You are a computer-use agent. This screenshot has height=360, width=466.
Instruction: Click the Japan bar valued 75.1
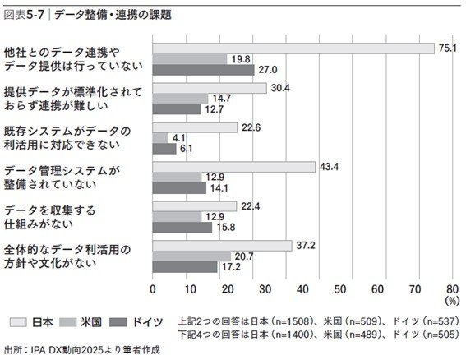coord(293,48)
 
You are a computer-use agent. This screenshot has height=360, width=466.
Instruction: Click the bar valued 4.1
coord(160,138)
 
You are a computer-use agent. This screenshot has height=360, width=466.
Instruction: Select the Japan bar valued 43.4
coord(234,167)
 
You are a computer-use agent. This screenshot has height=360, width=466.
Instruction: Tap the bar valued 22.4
coord(195,206)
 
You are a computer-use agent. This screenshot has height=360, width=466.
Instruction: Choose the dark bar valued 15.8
coord(182,228)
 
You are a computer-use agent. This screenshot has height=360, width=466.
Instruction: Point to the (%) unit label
coord(451,302)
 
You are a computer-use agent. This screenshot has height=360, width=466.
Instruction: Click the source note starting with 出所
coord(81,349)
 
